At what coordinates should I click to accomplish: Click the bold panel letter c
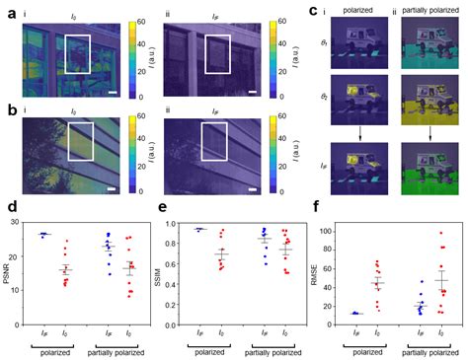[x=314, y=11]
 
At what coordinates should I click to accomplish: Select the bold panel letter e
[x=163, y=208]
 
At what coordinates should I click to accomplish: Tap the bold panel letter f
[x=318, y=208]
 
